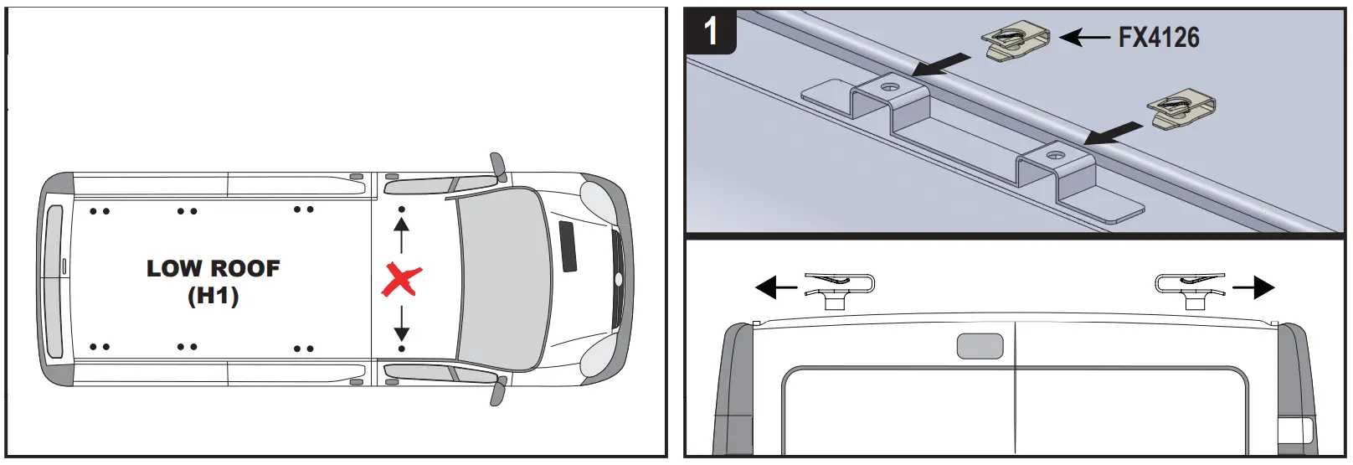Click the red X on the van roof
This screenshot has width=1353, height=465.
click(401, 280)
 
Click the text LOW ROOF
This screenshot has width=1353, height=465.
click(213, 269)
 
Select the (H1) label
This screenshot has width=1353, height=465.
click(213, 296)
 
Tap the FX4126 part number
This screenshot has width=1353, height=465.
click(1159, 38)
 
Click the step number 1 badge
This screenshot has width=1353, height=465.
click(711, 33)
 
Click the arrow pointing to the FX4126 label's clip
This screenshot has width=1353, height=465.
click(1084, 37)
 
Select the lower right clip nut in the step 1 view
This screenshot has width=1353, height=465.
click(1182, 110)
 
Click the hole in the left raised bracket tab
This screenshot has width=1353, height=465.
click(890, 86)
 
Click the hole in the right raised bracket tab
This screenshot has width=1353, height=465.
click(1056, 156)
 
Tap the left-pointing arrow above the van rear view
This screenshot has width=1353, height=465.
click(776, 288)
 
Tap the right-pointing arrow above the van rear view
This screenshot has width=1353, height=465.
click(1253, 288)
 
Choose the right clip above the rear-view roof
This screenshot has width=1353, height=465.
click(1190, 289)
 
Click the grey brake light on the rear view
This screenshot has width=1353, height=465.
click(980, 346)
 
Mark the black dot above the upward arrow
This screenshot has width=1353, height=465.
click(402, 209)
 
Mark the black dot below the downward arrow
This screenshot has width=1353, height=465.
click(402, 349)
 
